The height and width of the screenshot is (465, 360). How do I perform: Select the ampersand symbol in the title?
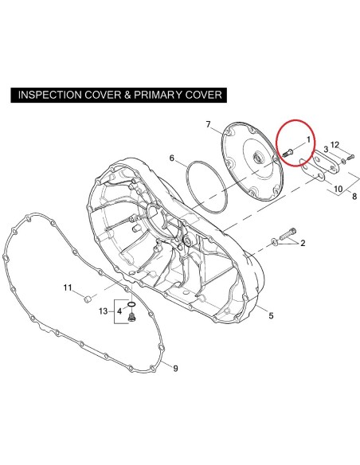(x=127, y=95)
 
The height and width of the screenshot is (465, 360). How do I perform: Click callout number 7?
(x=208, y=124)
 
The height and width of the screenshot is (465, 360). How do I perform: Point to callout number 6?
(x=172, y=158)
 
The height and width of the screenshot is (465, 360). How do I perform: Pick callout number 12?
(x=335, y=145)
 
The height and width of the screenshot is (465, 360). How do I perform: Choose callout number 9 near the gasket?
(x=175, y=369)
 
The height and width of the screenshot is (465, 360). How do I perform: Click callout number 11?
(x=68, y=287)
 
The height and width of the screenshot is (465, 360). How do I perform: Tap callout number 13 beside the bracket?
(x=104, y=311)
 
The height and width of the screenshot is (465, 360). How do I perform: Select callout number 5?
(x=271, y=316)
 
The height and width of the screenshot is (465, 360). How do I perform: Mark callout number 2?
(x=303, y=244)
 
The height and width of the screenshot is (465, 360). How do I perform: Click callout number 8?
(x=354, y=197)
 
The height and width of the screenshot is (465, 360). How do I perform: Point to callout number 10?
(x=338, y=189)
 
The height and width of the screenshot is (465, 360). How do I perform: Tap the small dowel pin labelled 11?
(x=87, y=300)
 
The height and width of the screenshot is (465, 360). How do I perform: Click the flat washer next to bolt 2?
(x=275, y=242)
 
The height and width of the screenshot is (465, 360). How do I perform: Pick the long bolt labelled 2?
(x=288, y=234)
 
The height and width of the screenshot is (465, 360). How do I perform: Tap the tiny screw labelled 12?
(x=350, y=157)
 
